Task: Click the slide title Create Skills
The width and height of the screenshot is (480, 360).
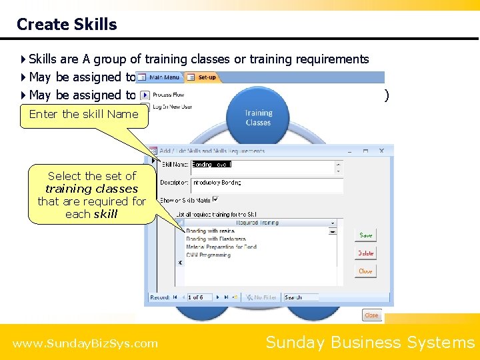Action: click(67, 25)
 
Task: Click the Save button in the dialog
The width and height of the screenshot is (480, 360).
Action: click(366, 235)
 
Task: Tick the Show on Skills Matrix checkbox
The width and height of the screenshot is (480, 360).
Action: click(215, 199)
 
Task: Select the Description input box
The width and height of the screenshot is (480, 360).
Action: click(267, 183)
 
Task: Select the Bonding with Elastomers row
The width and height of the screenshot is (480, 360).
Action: click(216, 239)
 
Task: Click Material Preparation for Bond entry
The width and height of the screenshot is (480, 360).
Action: click(221, 247)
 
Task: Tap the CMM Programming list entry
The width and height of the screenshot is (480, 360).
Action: click(208, 255)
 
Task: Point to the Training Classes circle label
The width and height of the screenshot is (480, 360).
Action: click(258, 118)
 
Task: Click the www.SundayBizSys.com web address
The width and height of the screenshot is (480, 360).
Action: click(85, 344)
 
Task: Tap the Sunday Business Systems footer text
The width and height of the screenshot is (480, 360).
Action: click(370, 343)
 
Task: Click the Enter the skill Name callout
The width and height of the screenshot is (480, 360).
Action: click(84, 114)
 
